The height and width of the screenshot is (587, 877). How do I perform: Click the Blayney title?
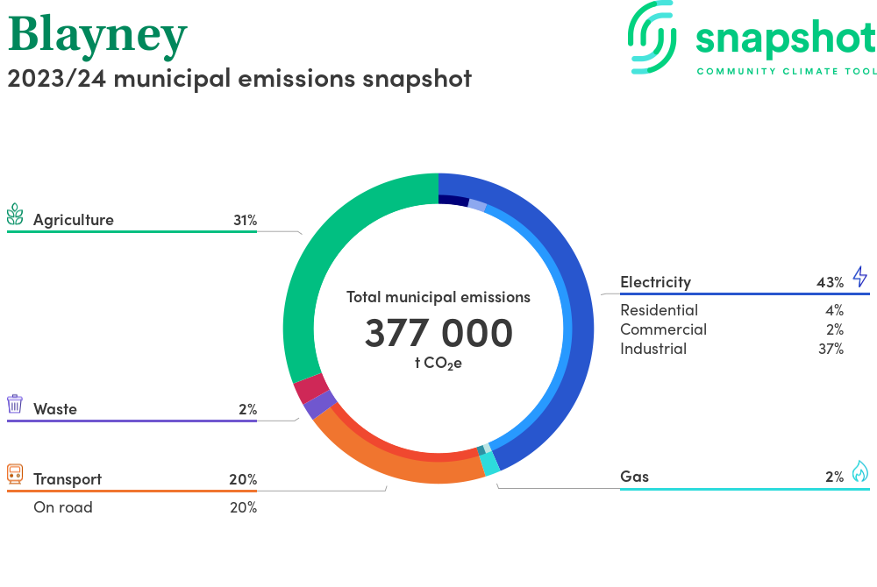[97, 35]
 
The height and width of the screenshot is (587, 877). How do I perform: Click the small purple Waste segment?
[319, 405]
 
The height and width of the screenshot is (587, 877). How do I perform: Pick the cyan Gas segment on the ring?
[490, 464]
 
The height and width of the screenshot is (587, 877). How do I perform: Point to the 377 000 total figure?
[438, 334]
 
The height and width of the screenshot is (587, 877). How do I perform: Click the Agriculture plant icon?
[15, 215]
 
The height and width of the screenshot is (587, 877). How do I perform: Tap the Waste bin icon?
[15, 404]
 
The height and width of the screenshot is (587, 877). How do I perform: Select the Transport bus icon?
[15, 474]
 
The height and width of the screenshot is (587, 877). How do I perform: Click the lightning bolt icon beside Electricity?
[859, 278]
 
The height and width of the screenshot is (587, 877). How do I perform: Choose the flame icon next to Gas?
[859, 472]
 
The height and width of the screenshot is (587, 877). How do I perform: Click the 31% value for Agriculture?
[245, 220]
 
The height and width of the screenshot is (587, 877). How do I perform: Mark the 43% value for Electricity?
[830, 282]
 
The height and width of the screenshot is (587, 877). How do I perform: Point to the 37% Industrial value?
[830, 349]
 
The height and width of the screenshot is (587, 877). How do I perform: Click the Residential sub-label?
[659, 310]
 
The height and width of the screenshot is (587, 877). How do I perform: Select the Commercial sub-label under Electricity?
[663, 329]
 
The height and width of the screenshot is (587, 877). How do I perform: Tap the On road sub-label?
[62, 507]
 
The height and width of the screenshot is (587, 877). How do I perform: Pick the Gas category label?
[634, 477]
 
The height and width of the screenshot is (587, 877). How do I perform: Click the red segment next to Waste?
[310, 387]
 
